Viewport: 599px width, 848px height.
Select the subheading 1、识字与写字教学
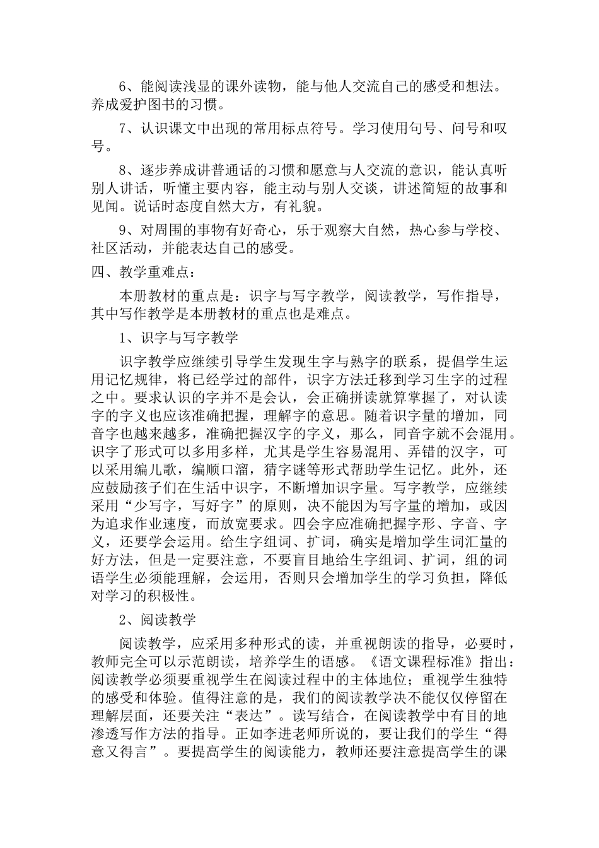click(179, 338)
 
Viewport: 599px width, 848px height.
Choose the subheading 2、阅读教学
click(158, 620)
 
